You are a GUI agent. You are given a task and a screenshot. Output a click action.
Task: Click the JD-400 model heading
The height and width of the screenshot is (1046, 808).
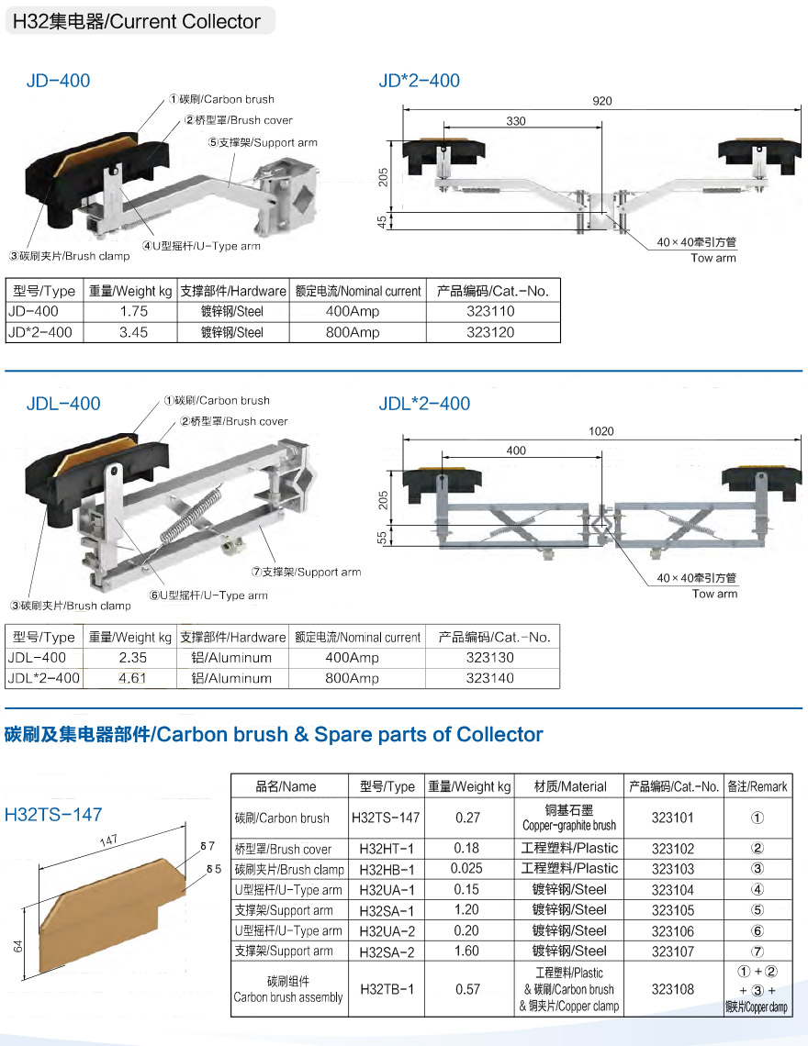(58, 81)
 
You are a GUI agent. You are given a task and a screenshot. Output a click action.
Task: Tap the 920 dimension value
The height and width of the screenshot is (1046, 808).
(601, 101)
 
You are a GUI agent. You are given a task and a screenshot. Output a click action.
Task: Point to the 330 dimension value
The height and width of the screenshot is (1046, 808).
(515, 121)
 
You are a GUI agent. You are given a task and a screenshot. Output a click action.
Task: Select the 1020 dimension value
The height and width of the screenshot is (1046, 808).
(601, 431)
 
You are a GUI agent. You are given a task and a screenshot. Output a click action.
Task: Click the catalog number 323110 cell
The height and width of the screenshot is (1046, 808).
(490, 311)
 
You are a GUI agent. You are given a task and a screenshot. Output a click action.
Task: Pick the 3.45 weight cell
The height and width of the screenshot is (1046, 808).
(133, 332)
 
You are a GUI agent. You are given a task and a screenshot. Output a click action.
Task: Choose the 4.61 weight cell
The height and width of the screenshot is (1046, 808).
(132, 678)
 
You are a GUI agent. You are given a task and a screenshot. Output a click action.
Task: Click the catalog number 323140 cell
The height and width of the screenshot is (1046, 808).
(489, 678)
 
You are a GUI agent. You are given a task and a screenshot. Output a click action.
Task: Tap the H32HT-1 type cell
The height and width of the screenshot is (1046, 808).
(387, 849)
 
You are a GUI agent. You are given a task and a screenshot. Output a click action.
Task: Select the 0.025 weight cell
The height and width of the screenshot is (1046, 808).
(466, 869)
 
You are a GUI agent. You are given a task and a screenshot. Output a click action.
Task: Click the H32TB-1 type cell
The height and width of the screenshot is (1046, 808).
(387, 988)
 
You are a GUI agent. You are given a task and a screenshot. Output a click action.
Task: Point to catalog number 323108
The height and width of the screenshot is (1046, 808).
(672, 988)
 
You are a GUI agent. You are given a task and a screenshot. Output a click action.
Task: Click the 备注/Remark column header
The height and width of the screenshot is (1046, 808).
(757, 786)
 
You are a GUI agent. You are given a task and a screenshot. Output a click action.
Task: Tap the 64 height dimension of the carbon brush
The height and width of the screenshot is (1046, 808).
(18, 946)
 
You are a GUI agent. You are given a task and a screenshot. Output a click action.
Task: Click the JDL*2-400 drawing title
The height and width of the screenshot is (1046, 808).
(424, 404)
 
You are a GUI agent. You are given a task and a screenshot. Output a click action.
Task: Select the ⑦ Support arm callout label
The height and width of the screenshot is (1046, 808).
(306, 572)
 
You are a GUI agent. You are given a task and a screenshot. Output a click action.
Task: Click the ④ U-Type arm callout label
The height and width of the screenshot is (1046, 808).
(201, 246)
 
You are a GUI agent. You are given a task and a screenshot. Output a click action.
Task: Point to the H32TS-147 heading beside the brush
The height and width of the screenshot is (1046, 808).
(53, 815)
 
